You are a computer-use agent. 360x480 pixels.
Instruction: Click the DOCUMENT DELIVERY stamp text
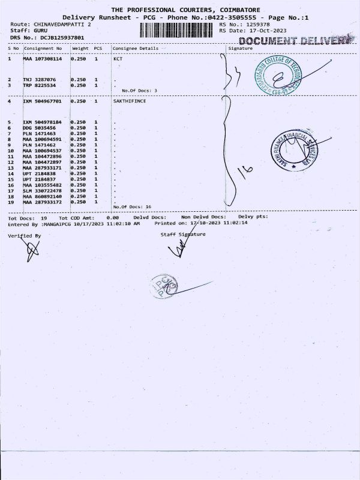click(x=295, y=40)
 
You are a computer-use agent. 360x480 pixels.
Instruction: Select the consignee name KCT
click(x=118, y=59)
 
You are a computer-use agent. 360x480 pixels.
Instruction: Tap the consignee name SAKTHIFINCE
click(x=129, y=101)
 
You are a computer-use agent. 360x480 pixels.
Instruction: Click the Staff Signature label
click(x=183, y=234)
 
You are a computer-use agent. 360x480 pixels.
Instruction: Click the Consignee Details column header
click(x=136, y=47)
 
